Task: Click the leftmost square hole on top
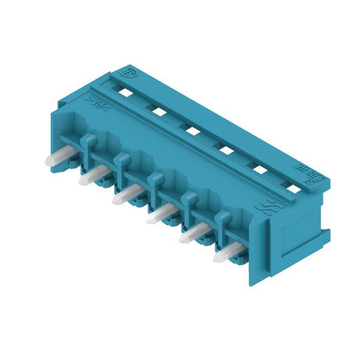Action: pyautogui.click(x=125, y=92)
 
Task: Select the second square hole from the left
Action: pyautogui.click(x=158, y=110)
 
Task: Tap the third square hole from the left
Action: pyautogui.click(x=192, y=129)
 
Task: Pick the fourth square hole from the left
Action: pyautogui.click(x=225, y=149)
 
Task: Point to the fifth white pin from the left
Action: pyautogui.click(x=193, y=234)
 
